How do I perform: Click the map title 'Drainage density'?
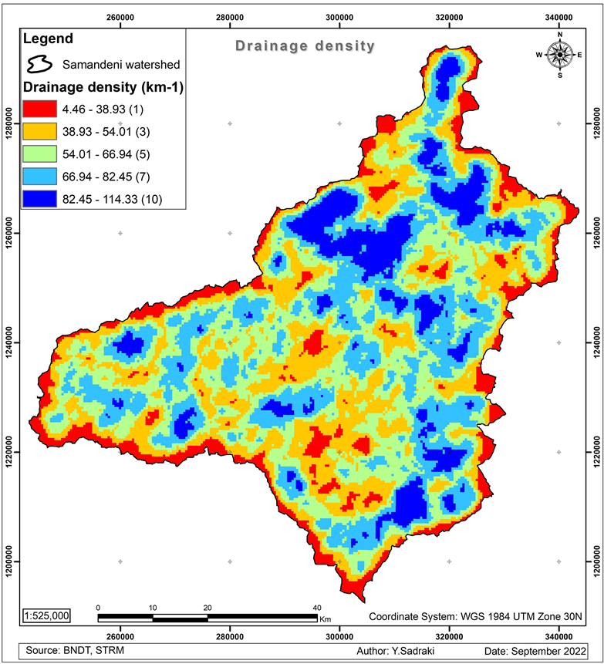305,46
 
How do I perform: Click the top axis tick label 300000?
339,15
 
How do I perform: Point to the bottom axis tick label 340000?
558,636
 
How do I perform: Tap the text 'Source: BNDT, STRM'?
71,652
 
